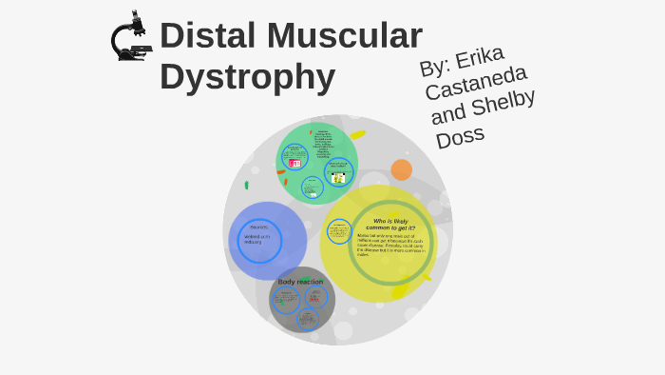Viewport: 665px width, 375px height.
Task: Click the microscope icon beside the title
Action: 131,37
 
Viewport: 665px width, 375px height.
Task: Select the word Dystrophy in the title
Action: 247,77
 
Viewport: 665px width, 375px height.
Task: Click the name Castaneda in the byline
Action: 476,81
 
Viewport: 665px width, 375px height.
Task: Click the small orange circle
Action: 401,170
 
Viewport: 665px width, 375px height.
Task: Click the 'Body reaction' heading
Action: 300,282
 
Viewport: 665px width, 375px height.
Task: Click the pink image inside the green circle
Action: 294,164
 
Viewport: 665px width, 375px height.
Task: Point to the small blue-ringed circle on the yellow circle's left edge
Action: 339,231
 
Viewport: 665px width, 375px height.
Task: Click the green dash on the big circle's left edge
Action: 246,185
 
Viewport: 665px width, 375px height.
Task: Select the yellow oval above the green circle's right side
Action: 357,135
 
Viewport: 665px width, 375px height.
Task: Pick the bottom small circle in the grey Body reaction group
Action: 307,320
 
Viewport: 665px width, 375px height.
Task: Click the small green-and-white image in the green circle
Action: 338,177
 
